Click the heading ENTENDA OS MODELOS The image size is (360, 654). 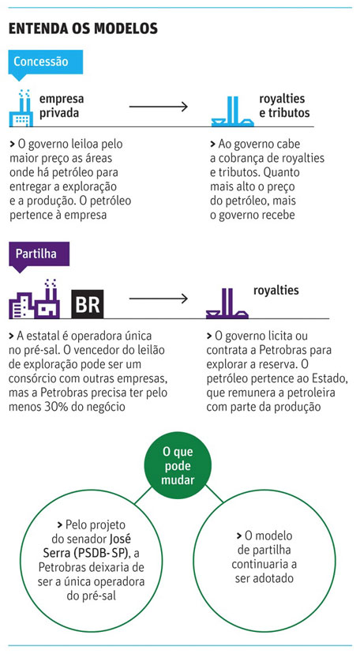(x=83, y=28)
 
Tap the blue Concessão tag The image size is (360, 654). (x=46, y=63)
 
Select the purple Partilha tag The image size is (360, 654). (x=39, y=255)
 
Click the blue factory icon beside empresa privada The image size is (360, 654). (x=21, y=108)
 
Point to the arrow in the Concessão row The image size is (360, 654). (x=159, y=107)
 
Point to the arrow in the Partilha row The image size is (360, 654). (x=159, y=299)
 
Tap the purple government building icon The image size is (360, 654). (x=227, y=303)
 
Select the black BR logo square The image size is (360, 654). (x=88, y=304)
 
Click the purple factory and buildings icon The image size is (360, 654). (x=35, y=299)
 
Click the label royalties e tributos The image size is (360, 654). (x=284, y=106)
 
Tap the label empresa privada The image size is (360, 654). (x=62, y=106)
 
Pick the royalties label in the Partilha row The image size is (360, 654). (x=276, y=291)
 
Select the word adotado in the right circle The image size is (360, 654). (x=264, y=578)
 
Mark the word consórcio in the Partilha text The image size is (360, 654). (x=32, y=378)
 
